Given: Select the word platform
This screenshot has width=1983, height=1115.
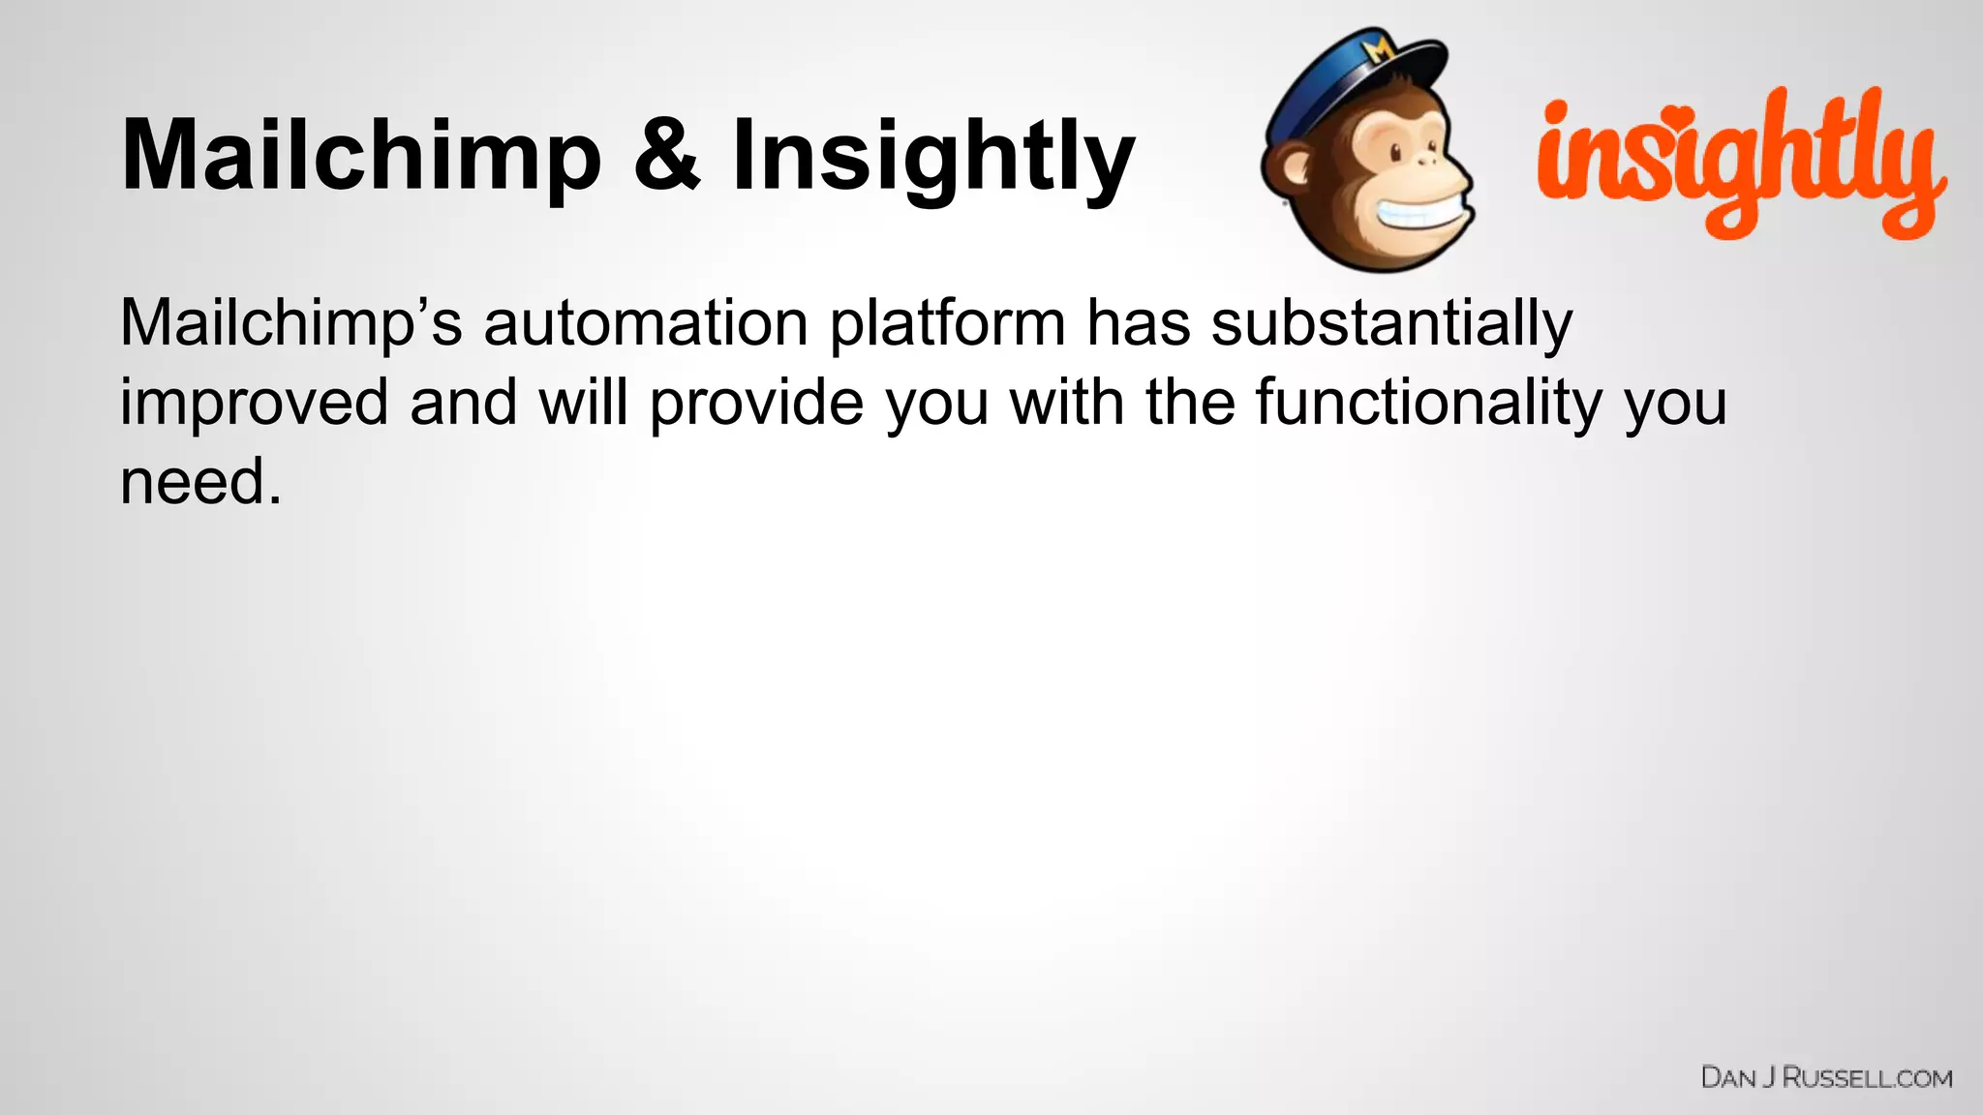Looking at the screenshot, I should point(947,325).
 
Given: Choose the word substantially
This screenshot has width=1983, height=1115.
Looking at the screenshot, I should point(1391,323).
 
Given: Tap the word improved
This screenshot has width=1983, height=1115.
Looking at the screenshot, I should point(254,404).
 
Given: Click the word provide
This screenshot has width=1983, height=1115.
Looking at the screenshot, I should point(756,404).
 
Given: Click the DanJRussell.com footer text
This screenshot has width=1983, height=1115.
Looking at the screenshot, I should point(1826,1078).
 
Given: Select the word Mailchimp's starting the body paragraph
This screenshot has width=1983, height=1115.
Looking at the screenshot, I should point(291,325).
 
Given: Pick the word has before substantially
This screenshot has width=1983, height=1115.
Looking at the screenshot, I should point(1138,323).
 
